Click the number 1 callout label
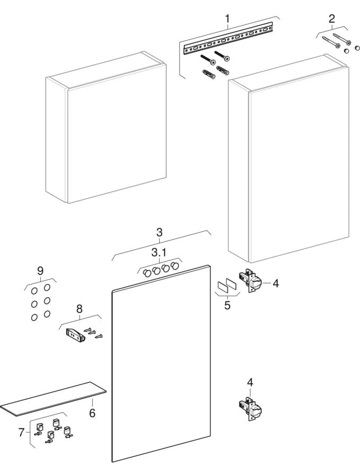point(227,20)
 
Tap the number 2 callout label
point(331,19)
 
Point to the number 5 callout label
point(227,305)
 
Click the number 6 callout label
point(92,413)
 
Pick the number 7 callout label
point(21,432)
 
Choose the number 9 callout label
point(40,270)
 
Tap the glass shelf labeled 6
point(53,399)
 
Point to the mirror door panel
point(161,365)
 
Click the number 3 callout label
point(159,232)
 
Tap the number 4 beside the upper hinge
point(275,283)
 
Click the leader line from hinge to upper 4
point(266,283)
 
